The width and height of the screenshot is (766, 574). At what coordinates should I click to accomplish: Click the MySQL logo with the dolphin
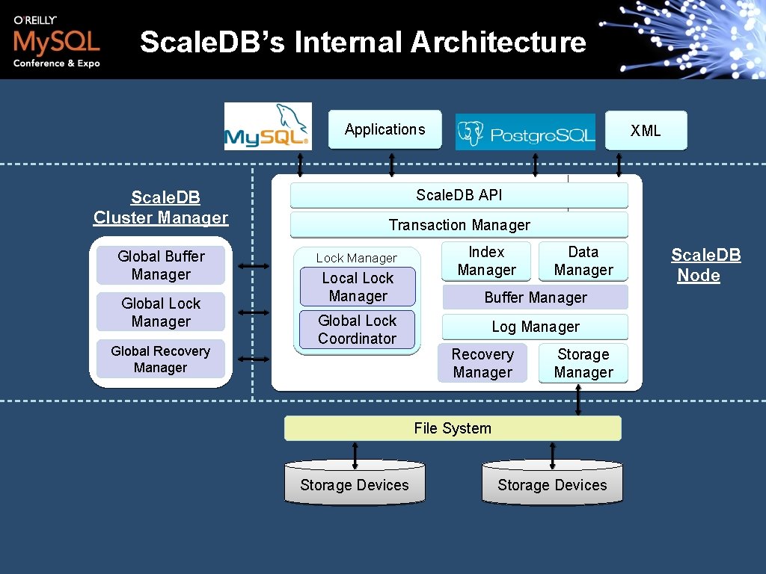(268, 126)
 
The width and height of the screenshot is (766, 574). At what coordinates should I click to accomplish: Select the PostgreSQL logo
(525, 132)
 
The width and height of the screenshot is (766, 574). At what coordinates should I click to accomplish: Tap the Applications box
(385, 130)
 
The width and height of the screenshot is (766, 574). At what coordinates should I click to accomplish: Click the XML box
(646, 131)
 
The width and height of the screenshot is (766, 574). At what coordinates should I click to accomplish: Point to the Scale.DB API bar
(459, 195)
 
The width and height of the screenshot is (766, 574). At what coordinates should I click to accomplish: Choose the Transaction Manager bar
(459, 225)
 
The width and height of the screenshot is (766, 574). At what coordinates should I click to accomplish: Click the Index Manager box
(486, 262)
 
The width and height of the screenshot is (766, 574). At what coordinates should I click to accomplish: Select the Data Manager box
(583, 262)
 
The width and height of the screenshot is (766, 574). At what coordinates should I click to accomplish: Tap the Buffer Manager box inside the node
(535, 297)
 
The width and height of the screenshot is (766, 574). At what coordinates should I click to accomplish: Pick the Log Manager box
(535, 327)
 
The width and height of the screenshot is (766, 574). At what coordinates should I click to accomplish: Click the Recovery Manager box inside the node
(482, 363)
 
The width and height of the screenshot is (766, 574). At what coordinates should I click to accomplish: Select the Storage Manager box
(583, 363)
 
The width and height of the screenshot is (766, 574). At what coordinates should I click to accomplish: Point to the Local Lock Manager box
(358, 288)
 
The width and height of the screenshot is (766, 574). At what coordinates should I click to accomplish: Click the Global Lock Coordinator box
(358, 330)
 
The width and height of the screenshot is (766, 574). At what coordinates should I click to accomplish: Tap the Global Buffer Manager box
(161, 265)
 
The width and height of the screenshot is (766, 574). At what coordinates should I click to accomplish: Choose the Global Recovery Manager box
(161, 359)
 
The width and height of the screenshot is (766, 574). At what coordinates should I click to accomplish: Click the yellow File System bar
(453, 428)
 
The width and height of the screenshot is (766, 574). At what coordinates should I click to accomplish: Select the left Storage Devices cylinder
(355, 484)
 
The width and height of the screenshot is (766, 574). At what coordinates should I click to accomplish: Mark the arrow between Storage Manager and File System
(578, 400)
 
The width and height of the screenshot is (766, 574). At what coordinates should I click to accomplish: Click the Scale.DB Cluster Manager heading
(161, 208)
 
